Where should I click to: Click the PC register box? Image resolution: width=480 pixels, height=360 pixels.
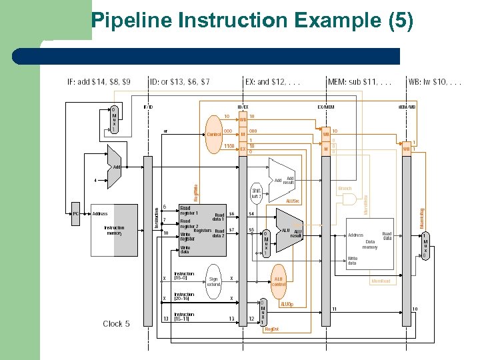pos(75,213)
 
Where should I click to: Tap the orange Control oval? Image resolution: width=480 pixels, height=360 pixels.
pos(214,134)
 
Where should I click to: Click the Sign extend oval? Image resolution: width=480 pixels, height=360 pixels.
pos(213,281)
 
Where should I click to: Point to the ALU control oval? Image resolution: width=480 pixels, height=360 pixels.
pos(279,281)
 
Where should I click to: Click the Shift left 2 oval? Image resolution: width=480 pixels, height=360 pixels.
pos(257,193)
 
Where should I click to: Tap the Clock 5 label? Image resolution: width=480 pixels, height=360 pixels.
pos(116,324)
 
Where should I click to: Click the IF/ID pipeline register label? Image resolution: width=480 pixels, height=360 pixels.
pos(148,107)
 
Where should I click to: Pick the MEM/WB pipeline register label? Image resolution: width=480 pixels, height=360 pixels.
pos(407,107)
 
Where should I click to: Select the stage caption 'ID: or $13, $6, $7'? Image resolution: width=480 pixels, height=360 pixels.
pos(179,82)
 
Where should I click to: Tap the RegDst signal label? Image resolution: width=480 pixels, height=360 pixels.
pos(271,329)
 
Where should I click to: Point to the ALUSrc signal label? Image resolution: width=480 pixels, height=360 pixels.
pos(293,200)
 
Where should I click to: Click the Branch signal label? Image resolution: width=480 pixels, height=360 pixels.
pos(345,189)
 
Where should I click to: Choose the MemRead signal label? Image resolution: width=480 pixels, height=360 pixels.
pos(381,281)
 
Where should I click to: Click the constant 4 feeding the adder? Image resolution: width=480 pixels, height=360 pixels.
pos(95,179)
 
